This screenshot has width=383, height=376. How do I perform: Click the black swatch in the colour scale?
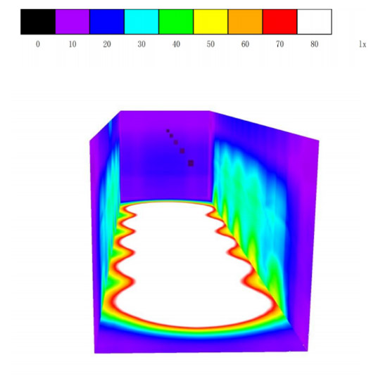tap(38, 22)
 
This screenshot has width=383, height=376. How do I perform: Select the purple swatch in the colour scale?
tap(73, 22)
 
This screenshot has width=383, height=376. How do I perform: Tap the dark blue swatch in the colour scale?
tap(107, 22)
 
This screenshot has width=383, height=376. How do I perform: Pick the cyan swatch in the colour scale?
tap(142, 22)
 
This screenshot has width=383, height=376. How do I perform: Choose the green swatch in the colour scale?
tap(176, 22)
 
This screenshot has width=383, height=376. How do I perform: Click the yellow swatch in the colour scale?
tap(211, 22)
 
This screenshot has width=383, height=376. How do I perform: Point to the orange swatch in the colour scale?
tap(245, 22)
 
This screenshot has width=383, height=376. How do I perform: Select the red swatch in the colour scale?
tap(280, 22)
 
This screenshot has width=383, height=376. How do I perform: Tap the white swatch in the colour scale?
tap(315, 22)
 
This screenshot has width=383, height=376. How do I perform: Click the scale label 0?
tap(38, 44)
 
